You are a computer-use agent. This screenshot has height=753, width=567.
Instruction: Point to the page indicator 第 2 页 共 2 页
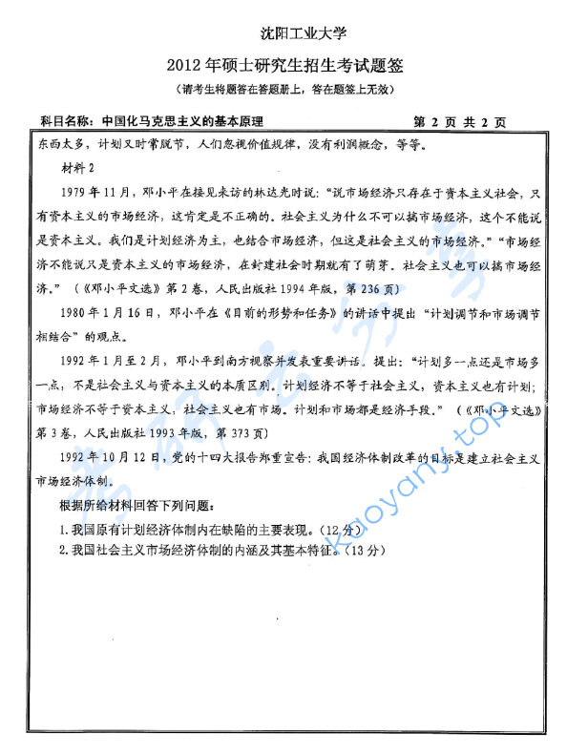coord(460,122)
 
